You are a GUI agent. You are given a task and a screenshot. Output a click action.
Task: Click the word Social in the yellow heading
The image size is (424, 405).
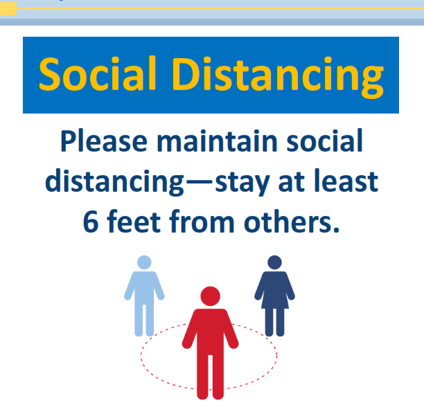pos(98,73)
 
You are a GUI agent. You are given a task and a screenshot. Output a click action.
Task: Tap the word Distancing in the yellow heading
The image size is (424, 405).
pos(278,77)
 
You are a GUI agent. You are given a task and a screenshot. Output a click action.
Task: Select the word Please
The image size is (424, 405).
pos(104,141)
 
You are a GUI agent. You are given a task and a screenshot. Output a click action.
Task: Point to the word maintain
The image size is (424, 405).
pos(217,141)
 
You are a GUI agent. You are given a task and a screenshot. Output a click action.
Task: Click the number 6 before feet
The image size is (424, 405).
pos(91,222)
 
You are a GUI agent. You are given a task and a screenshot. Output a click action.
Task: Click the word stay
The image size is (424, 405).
pos(242,183)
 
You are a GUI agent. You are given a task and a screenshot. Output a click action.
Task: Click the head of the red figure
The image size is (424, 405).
pos(211,296)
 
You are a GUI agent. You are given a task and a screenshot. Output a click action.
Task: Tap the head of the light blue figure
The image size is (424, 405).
pos(144,262)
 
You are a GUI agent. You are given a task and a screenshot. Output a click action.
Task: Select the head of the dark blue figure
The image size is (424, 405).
pos(275,262)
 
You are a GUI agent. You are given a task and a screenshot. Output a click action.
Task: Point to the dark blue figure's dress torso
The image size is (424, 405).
pos(275,290)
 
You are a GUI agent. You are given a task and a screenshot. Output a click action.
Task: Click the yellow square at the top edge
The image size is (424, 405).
pos(8,8)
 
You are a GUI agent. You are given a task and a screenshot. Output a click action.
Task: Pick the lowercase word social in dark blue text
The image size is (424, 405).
pos(324,141)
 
